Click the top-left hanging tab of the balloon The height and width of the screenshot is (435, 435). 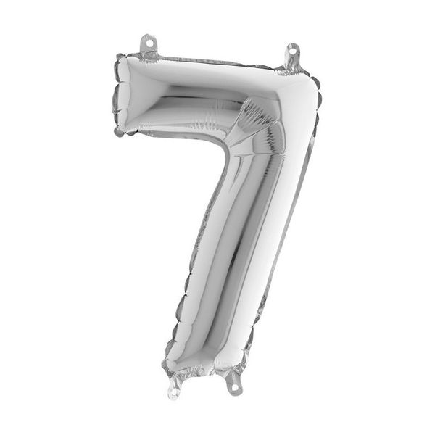149,45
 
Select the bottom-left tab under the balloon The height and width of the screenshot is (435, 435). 173,390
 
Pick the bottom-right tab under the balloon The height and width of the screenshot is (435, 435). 233,382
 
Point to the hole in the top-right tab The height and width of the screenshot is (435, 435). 293,51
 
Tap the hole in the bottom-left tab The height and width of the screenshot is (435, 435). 173,394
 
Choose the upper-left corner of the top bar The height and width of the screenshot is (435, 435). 123,59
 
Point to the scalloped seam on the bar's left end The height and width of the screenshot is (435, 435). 116,94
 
